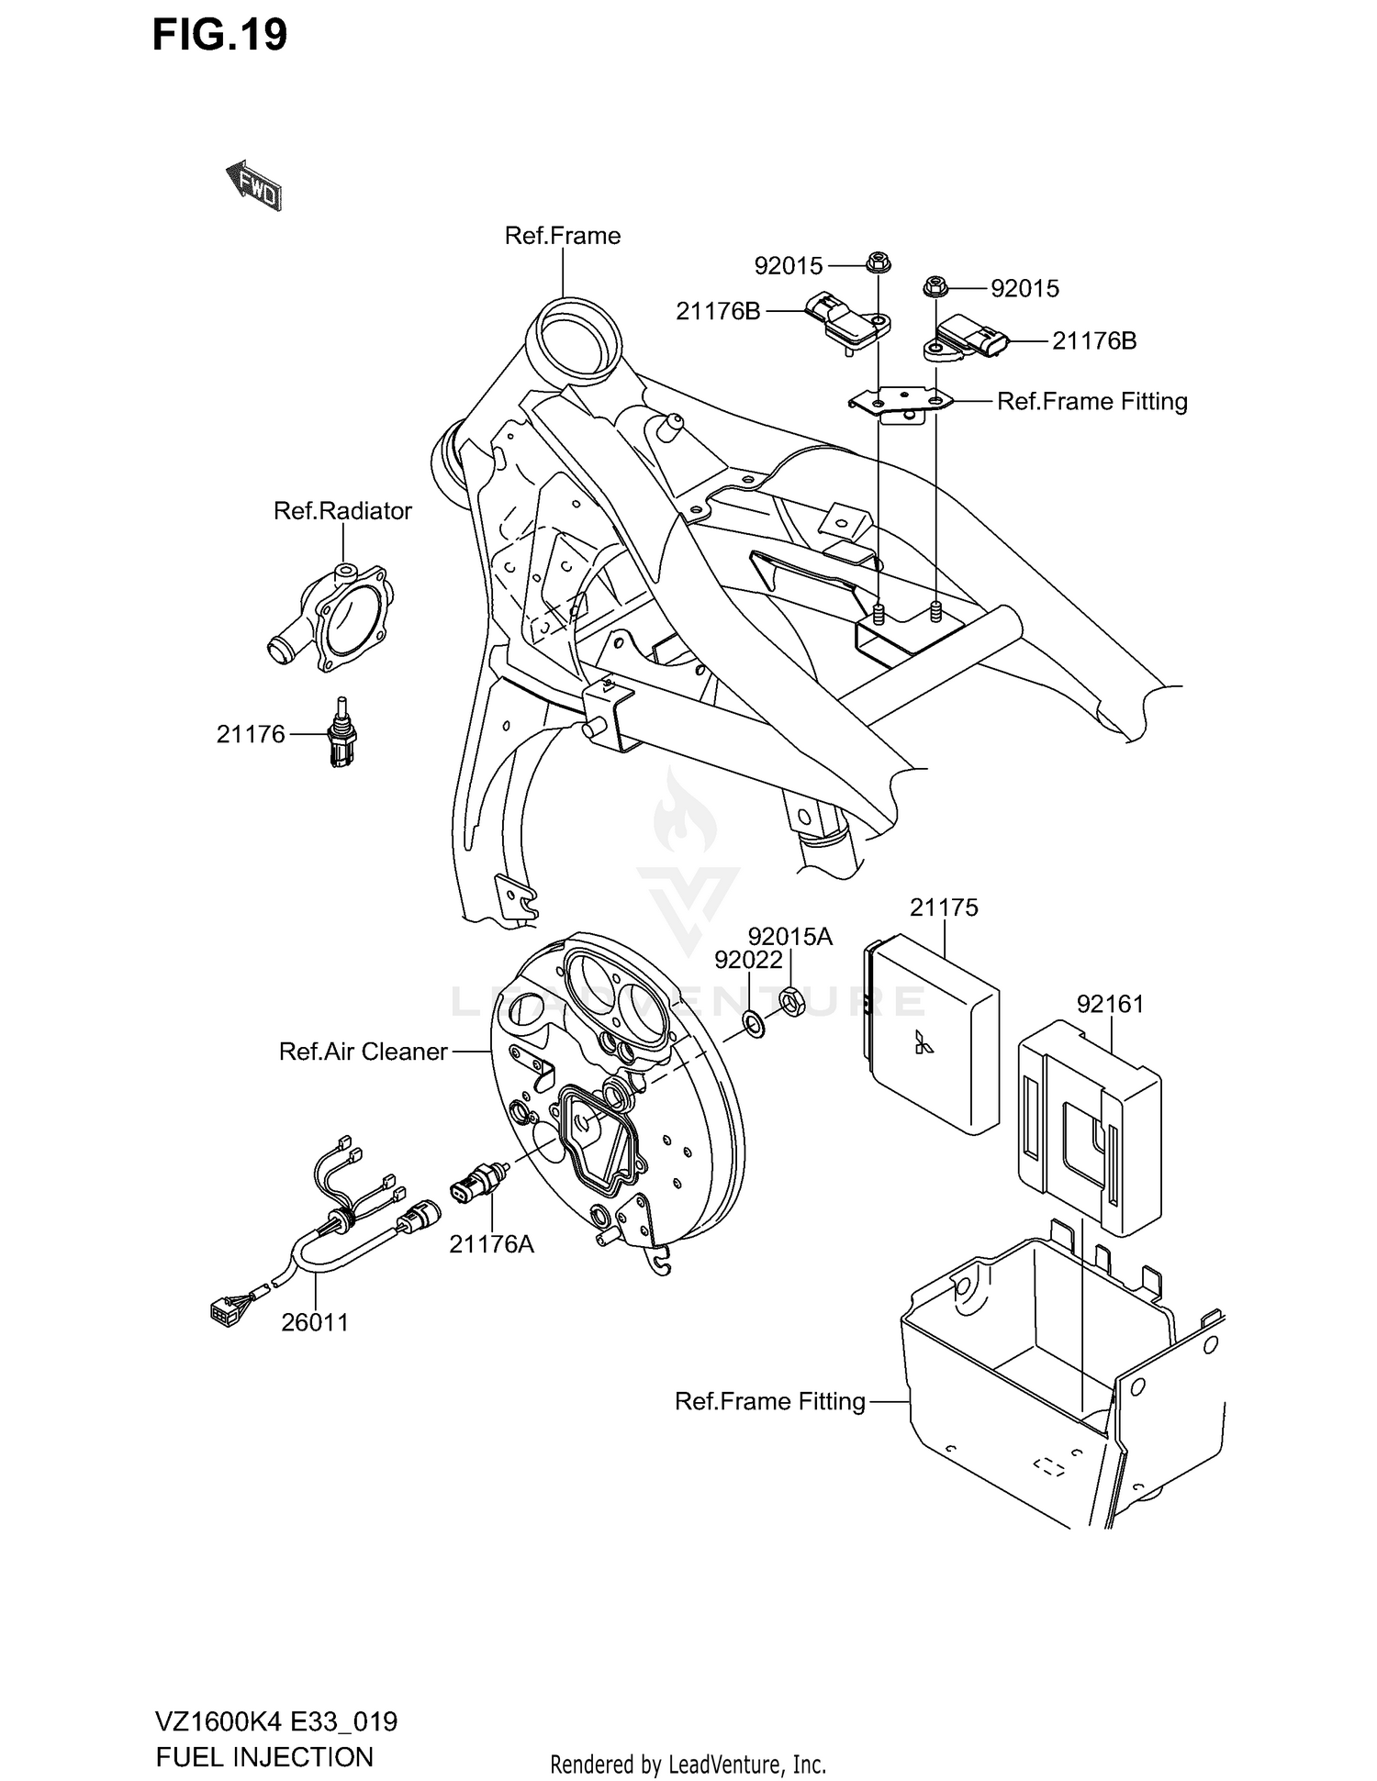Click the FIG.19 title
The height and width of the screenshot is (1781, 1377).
point(219,35)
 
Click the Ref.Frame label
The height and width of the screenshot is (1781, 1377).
point(562,236)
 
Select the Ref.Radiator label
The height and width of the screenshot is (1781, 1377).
point(342,511)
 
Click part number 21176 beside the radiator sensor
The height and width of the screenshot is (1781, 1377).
point(251,734)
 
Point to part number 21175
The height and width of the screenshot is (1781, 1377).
point(944,907)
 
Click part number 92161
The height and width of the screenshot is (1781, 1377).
point(1110,1004)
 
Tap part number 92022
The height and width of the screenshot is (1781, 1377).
point(748,960)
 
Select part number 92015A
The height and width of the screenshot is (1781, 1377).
point(789,937)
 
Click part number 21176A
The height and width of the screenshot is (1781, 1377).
point(491,1244)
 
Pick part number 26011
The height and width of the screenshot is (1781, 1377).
point(315,1322)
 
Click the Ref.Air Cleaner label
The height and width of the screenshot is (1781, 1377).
point(363,1052)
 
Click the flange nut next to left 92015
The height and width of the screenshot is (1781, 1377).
point(873,263)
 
